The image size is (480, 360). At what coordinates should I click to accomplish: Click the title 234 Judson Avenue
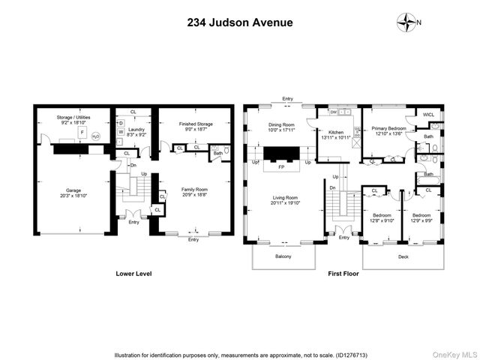pos(239,22)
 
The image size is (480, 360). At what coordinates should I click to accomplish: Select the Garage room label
pos(73,190)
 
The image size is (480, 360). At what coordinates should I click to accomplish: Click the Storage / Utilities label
pos(73,118)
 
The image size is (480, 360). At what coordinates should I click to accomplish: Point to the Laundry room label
pos(136,129)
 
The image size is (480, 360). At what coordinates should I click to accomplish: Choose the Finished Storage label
pos(195,124)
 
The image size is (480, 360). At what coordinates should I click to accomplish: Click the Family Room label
pos(194,190)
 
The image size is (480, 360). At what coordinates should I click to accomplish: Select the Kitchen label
pos(335,133)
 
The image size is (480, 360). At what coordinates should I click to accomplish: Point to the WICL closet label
pos(428,114)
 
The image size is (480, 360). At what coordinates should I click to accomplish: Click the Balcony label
pos(282,257)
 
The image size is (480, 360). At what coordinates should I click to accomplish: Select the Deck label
pos(403,257)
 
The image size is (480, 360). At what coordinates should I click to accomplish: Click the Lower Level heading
pos(133,274)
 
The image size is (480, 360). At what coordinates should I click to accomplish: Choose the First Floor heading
pos(343,274)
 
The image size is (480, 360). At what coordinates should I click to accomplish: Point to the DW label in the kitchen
pos(332,111)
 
